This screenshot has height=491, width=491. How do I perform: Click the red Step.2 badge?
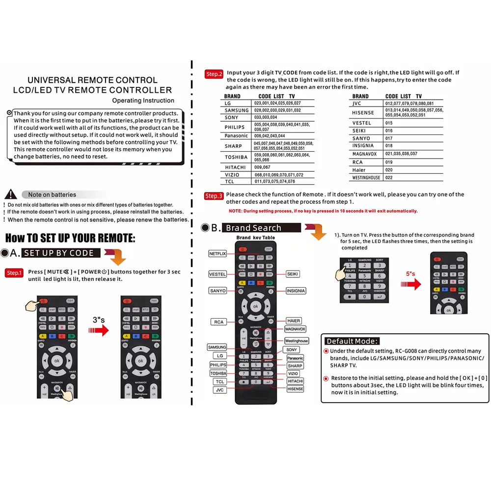point(214,74)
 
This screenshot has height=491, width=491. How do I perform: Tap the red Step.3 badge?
point(214,196)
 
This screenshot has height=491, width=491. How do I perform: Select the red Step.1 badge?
point(14,273)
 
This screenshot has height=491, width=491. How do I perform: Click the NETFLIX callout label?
point(217,254)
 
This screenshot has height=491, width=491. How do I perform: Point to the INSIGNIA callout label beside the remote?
point(296,291)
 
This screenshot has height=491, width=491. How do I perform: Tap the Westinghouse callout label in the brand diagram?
point(297,341)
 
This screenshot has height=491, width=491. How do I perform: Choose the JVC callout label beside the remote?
point(219,389)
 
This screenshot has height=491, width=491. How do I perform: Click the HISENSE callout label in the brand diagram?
point(296,389)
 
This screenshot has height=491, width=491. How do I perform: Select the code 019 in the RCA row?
point(389,162)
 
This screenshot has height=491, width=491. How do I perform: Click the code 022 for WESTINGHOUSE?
point(389,178)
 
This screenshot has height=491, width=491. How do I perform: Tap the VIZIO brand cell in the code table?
point(232,175)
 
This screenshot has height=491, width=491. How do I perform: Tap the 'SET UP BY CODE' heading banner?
point(61,253)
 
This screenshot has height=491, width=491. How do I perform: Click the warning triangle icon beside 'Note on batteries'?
point(14,194)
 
